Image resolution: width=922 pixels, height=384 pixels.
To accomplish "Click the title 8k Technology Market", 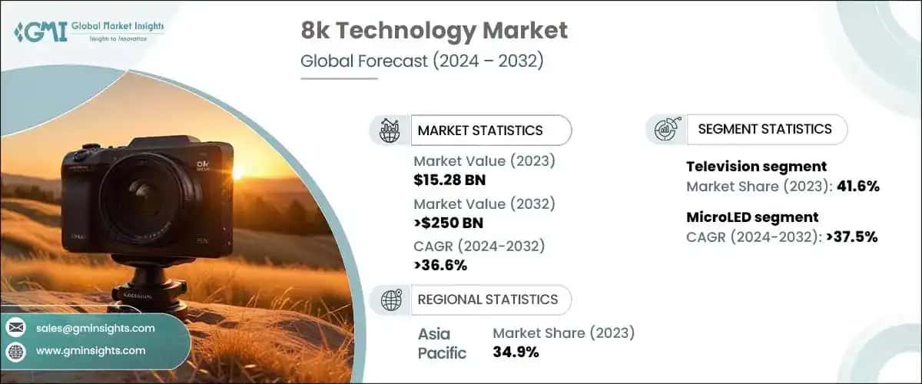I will click(433, 31).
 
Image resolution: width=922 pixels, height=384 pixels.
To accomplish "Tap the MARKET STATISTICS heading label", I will click(479, 131).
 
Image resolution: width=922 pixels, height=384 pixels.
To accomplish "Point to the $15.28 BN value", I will click(449, 181).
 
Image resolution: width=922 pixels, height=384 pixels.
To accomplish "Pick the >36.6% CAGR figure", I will click(440, 266).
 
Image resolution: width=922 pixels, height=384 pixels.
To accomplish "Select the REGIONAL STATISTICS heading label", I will click(488, 299).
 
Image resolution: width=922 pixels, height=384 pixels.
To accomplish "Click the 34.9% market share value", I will click(516, 353).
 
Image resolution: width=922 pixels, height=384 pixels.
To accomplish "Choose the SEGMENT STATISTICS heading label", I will click(764, 129).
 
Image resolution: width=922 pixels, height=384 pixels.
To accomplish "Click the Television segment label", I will click(756, 166).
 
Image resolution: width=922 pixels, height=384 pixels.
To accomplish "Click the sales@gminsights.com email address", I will click(95, 328).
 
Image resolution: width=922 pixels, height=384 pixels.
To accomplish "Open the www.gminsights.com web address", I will click(91, 350).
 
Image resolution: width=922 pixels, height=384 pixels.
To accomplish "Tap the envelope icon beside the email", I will click(16, 328).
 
